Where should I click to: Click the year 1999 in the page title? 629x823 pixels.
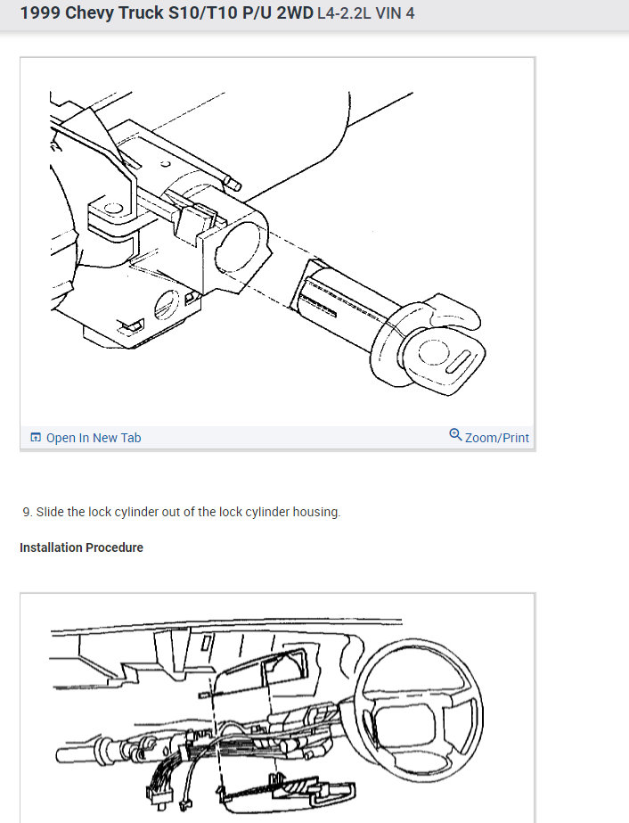[40, 12]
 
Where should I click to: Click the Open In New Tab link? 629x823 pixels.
[94, 438]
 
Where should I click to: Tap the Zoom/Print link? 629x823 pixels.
[497, 438]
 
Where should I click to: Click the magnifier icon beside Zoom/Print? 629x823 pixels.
[455, 435]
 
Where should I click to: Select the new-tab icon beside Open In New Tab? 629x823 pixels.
[36, 437]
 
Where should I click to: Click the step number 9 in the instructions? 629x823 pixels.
[27, 512]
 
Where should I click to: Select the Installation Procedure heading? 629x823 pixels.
[81, 547]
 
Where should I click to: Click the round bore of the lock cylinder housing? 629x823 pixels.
[239, 247]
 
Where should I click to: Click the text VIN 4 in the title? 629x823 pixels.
[395, 13]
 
